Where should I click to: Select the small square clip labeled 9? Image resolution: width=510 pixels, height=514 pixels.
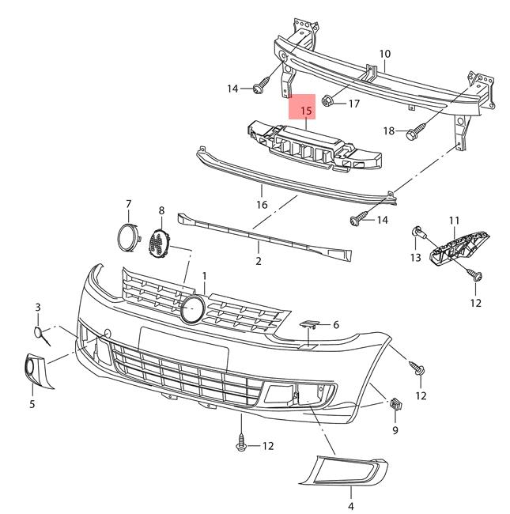tap(395, 406)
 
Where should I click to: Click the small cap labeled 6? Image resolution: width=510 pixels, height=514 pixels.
tap(309, 324)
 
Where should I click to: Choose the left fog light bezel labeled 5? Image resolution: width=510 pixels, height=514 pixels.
tap(36, 372)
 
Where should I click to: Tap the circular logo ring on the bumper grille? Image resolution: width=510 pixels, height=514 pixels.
tap(191, 309)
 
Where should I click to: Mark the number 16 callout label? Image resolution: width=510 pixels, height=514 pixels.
tap(262, 205)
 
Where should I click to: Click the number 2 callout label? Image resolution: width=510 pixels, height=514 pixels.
tap(258, 259)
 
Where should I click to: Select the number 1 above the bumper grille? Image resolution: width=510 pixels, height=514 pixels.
tap(204, 277)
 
